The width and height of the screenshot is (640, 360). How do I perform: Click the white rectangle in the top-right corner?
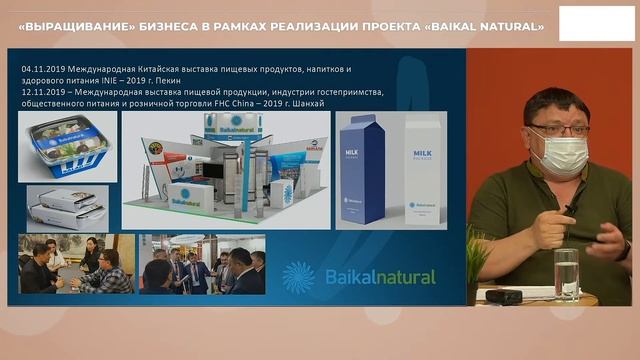(596, 23)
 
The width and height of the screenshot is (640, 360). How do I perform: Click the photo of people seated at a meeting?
(76, 264)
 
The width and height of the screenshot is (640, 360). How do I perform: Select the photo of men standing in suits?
(203, 264)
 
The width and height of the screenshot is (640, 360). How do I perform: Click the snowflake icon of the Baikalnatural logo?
(298, 276)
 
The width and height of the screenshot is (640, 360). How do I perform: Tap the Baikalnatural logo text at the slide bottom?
(380, 277)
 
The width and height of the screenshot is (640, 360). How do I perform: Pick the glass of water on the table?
(566, 274)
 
